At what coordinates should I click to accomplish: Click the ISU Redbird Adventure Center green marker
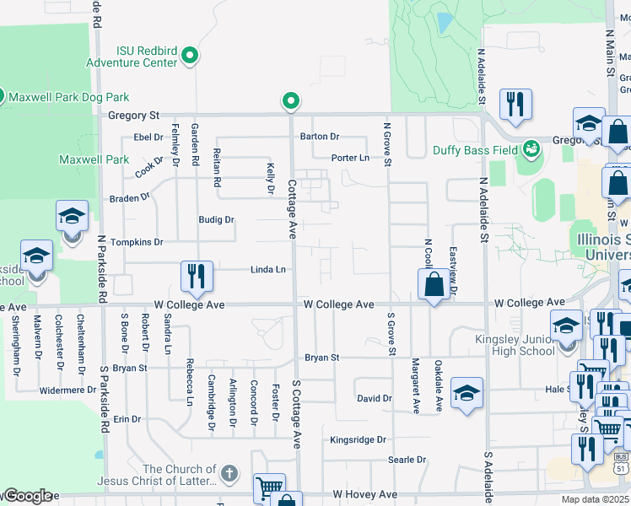coord(191,57)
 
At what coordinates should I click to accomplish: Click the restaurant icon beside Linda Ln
coord(196,277)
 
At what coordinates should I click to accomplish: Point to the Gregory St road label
coord(132,115)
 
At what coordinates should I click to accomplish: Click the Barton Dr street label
coord(319,136)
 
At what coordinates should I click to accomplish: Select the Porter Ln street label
coord(350,158)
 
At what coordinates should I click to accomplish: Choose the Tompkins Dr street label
coord(135,242)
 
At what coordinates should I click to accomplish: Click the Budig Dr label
coord(216,219)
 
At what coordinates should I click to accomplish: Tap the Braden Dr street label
coord(129,198)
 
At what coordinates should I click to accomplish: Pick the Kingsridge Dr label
coord(357,439)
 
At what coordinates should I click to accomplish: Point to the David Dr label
coord(374,398)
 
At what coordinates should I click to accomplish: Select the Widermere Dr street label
coord(68,390)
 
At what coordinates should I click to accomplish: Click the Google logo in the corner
coord(29,496)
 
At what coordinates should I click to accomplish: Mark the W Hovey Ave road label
coord(364,494)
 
